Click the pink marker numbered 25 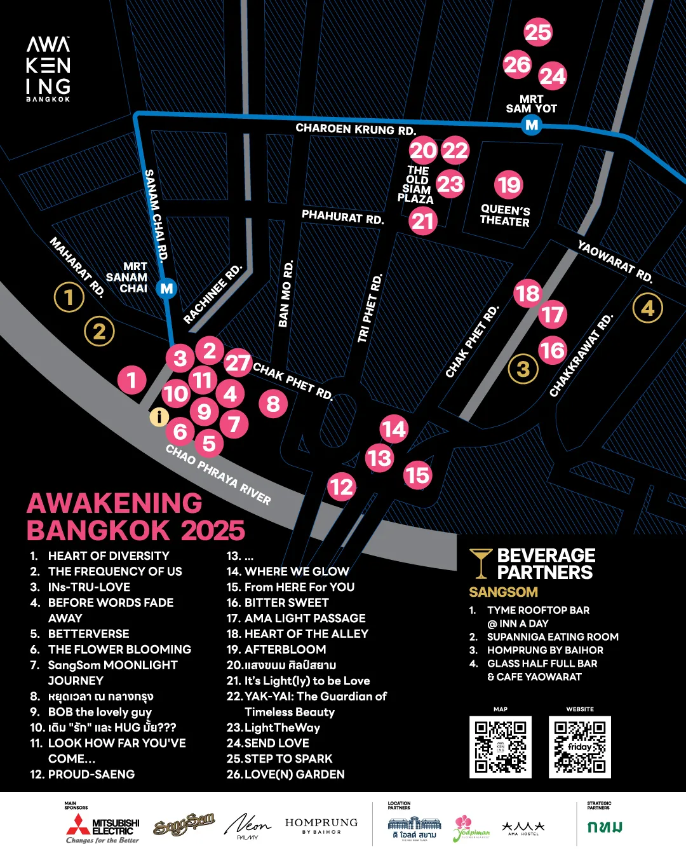[538, 32]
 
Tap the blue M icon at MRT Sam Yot [532, 125]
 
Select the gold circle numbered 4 [647, 308]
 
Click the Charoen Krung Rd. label [356, 129]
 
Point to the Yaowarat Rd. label [615, 261]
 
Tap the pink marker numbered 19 [509, 185]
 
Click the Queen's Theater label [505, 215]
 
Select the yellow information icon [159, 417]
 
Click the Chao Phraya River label [218, 474]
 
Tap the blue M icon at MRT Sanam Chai [166, 289]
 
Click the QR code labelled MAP [501, 747]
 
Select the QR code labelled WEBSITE [580, 747]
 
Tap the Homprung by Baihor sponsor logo [321, 826]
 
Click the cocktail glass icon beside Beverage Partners [481, 563]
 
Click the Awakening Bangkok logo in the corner [48, 69]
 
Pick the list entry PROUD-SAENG [83, 774]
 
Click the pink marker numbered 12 [342, 487]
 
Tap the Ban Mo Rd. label [286, 294]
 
